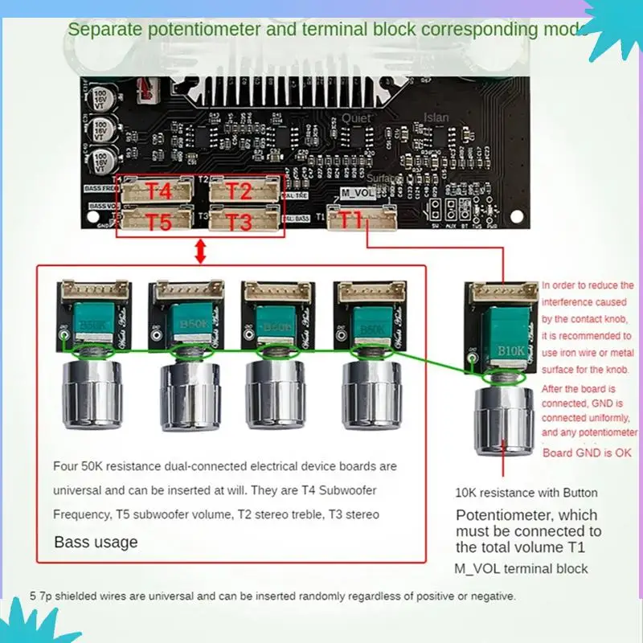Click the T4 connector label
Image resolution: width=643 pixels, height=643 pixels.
pos(158,190)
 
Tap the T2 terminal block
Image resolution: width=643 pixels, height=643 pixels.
pos(240,190)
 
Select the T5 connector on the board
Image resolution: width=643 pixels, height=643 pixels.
pos(158,220)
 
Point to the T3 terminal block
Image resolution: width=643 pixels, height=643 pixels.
pos(240,220)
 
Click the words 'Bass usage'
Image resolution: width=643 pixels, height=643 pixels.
pos(96,542)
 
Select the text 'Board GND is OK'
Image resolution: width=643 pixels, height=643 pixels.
pos(588,453)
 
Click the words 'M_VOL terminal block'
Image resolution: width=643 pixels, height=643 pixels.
pos(521,569)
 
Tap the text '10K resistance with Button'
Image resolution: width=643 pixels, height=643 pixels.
pos(526,493)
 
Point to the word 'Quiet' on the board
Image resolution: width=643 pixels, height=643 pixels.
pos(357,117)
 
